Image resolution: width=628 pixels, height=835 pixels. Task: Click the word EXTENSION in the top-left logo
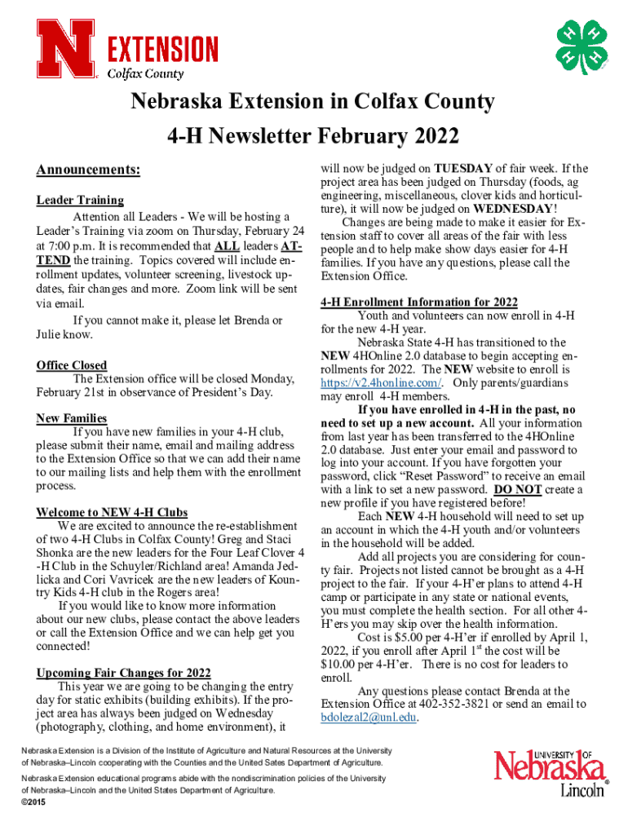pyautogui.click(x=163, y=50)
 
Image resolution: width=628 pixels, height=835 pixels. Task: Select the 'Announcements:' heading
pyautogui.click(x=88, y=170)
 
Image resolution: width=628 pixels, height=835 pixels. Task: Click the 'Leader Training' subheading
pyautogui.click(x=80, y=200)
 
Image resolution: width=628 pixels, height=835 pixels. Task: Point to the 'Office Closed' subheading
pyautogui.click(x=72, y=365)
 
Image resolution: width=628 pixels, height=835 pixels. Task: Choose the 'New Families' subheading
pyautogui.click(x=72, y=418)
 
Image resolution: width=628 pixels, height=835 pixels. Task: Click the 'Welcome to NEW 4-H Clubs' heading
pyautogui.click(x=113, y=512)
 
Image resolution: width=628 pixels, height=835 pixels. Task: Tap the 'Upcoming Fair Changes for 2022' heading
pyautogui.click(x=124, y=673)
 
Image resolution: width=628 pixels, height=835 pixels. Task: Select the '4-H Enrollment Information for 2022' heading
pyautogui.click(x=419, y=301)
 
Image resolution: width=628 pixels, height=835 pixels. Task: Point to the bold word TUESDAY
pyautogui.click(x=463, y=170)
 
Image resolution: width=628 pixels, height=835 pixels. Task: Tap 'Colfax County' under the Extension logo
pyautogui.click(x=147, y=73)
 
